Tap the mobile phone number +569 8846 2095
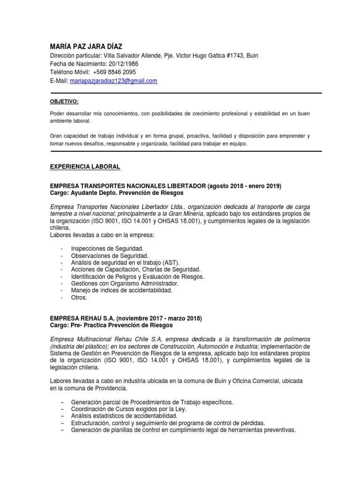[114, 72]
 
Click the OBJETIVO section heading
[64, 102]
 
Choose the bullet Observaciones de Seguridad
[110, 255]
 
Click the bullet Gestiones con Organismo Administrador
[124, 284]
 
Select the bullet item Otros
[79, 298]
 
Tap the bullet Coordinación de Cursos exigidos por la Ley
[128, 409]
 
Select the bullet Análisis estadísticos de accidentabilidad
[124, 416]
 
